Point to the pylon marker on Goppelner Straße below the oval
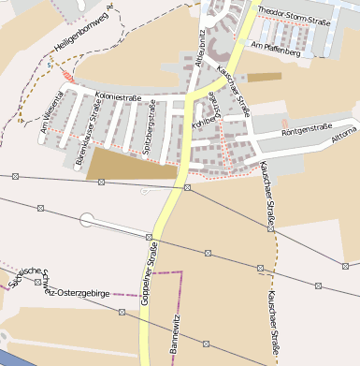click(x=150, y=236)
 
